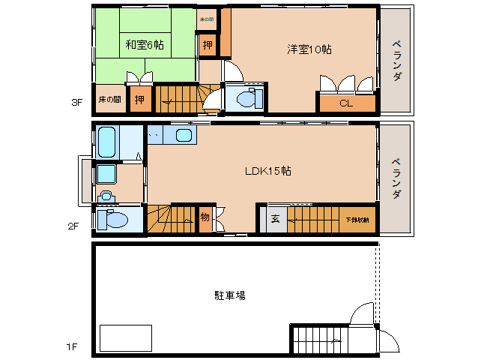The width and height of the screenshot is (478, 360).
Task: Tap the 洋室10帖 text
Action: coord(309,49)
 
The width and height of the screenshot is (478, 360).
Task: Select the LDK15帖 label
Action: coord(267,170)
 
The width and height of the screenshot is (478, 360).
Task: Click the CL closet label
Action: coord(345,103)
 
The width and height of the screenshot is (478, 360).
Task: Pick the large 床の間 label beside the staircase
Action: coord(109,99)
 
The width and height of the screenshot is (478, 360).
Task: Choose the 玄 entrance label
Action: coord(274,219)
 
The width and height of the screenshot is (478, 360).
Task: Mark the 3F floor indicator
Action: coord(76,103)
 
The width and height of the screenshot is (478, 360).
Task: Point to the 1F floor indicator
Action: coord(71,346)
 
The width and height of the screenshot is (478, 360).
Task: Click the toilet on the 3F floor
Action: coord(246,98)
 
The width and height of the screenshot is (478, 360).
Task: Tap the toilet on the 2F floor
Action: coord(114,220)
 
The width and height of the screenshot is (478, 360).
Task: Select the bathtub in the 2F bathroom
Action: coord(106,142)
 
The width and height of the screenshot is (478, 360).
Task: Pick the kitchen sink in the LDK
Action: coord(184,135)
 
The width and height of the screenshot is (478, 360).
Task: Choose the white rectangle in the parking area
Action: coord(126,338)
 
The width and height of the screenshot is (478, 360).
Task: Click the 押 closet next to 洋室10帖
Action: coord(208,44)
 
